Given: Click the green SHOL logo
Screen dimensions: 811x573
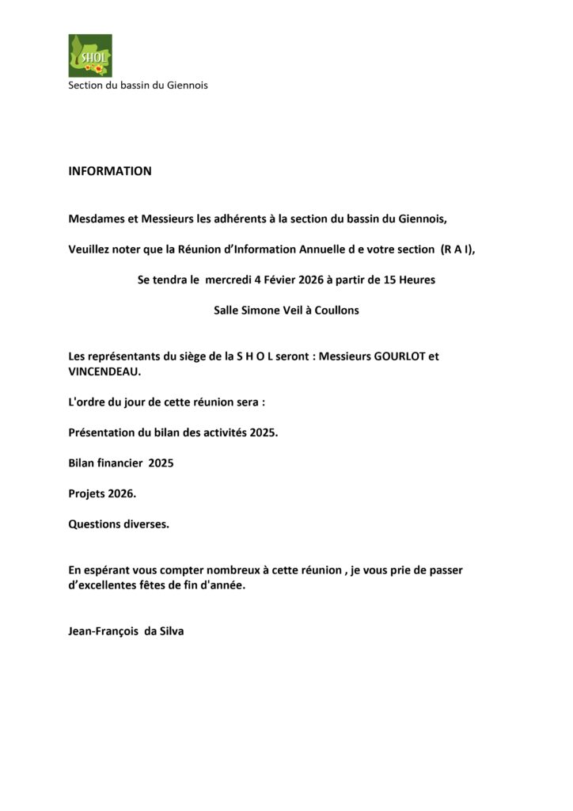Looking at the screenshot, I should point(90,55).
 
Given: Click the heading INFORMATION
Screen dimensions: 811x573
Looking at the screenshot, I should point(110,171).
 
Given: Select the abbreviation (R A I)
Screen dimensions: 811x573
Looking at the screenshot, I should point(457,249).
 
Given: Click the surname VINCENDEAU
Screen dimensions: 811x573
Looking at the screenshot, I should point(104,371).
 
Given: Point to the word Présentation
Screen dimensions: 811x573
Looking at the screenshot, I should point(103,432).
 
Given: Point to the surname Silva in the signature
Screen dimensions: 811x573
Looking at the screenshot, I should point(172,632).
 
